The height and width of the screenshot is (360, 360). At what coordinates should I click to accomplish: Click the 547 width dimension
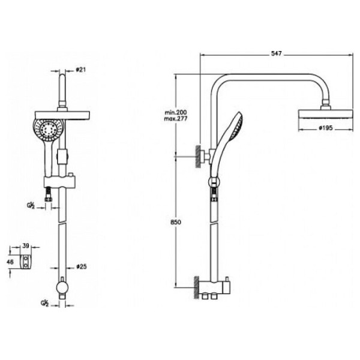click(x=277, y=54)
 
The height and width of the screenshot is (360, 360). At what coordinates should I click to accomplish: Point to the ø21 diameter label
click(x=82, y=70)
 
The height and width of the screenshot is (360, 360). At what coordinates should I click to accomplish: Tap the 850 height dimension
click(x=175, y=221)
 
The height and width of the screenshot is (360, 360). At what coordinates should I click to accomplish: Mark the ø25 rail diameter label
click(x=82, y=264)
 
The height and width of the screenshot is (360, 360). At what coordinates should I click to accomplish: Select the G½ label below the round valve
click(x=46, y=303)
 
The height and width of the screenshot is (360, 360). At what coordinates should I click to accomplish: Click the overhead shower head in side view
click(x=325, y=114)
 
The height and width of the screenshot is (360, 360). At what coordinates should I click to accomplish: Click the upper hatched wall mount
click(x=197, y=157)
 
